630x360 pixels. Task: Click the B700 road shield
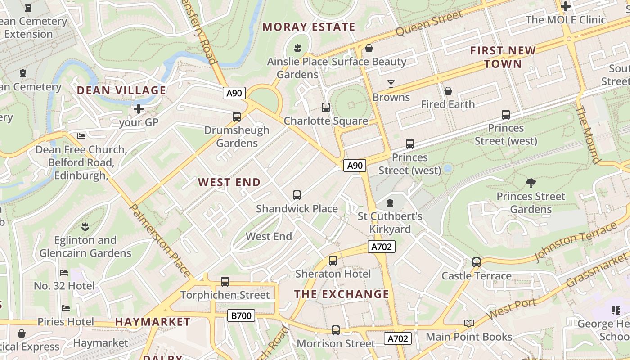tap(241, 315)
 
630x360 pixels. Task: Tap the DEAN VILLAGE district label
tap(121, 90)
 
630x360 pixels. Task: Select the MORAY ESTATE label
tap(309, 27)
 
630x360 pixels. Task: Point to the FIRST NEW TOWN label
tap(503, 57)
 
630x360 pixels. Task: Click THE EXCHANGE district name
tap(342, 294)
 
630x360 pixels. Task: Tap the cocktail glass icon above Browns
tap(391, 84)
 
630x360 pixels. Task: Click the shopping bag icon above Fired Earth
tap(448, 91)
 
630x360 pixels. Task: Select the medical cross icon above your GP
tap(139, 109)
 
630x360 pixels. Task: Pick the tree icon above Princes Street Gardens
tap(531, 183)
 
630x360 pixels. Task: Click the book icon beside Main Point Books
tap(469, 323)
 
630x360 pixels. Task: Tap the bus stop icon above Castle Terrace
tap(477, 262)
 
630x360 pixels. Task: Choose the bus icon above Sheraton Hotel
tap(333, 260)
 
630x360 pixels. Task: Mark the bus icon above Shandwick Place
tap(297, 195)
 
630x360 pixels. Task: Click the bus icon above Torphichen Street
tap(225, 282)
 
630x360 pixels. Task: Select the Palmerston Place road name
tap(160, 240)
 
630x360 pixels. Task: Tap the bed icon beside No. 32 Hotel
tap(64, 273)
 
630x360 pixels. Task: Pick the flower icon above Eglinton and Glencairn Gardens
tap(85, 226)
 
